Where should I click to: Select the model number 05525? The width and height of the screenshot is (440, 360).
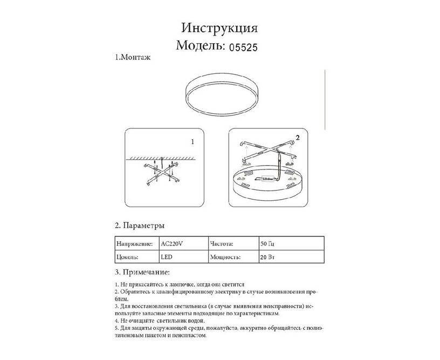(243, 47)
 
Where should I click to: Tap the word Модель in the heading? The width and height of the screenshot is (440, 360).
(200, 46)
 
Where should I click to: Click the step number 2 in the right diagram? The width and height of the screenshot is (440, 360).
(296, 138)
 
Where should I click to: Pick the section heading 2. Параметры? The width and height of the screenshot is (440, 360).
(140, 225)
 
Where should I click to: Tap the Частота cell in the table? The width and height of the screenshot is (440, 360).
(222, 243)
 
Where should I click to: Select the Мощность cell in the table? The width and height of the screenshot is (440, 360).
(224, 257)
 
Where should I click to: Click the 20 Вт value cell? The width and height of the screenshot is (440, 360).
(267, 257)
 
